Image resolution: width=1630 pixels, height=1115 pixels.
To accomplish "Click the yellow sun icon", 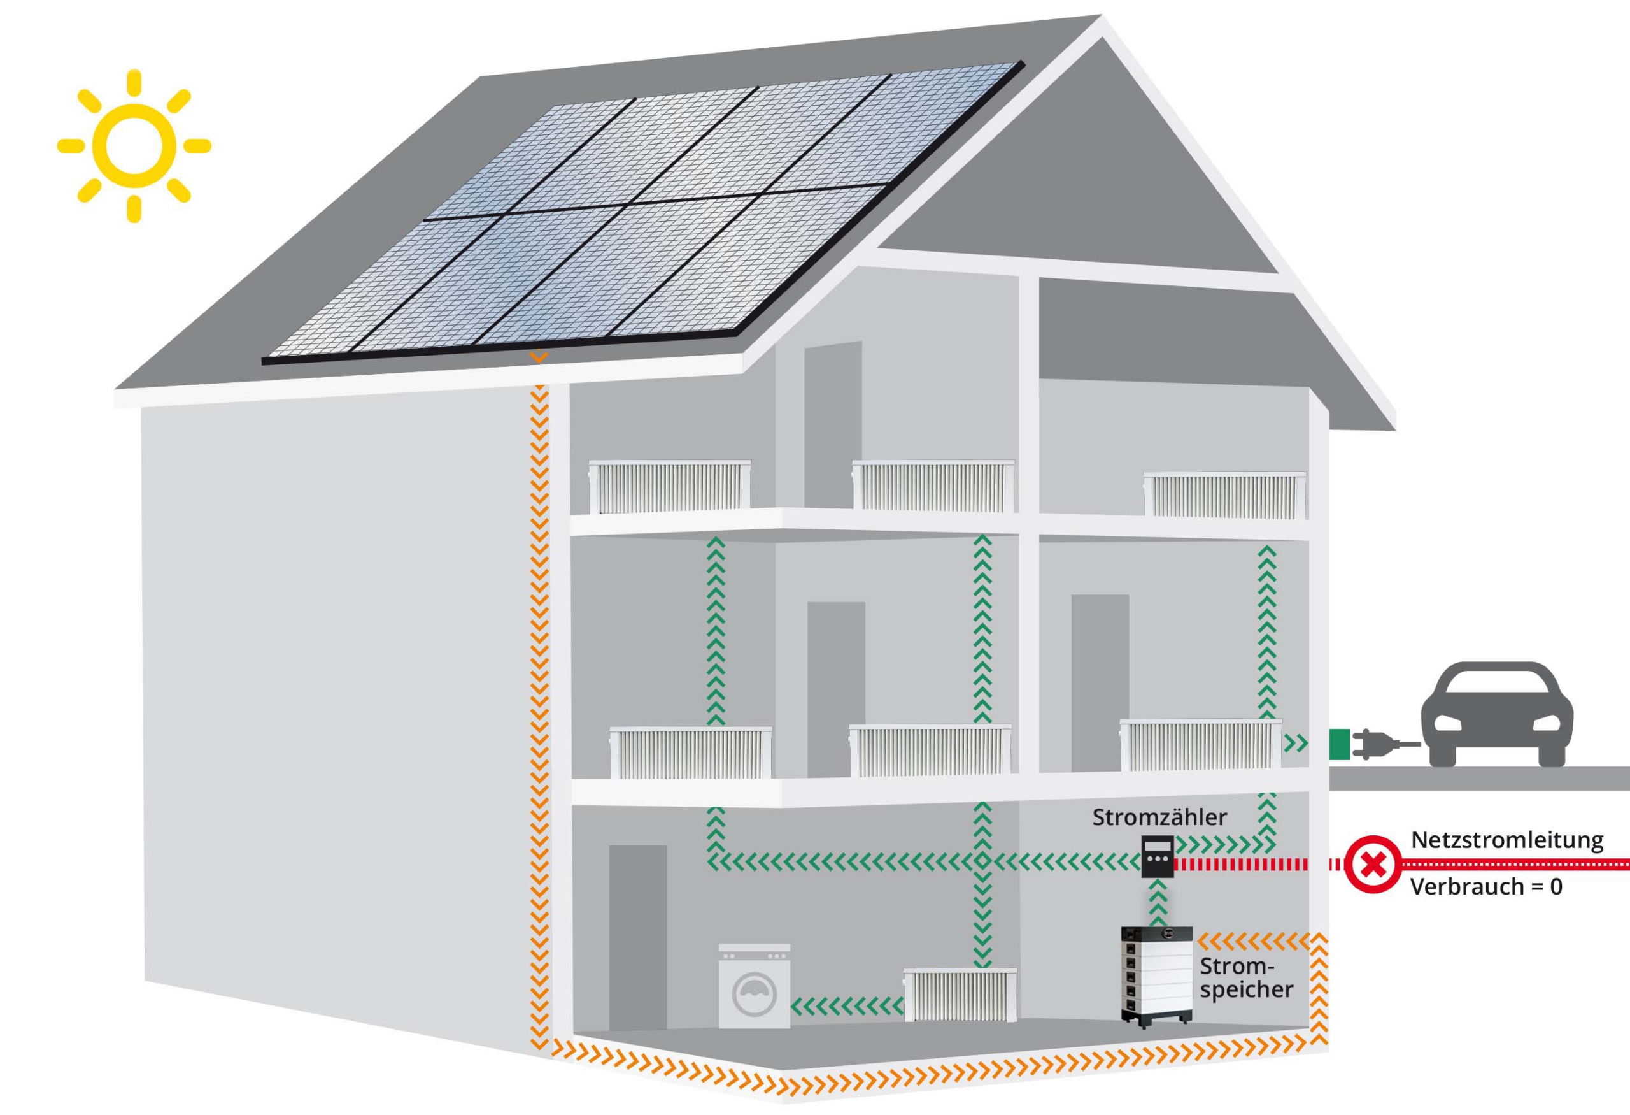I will click(x=133, y=146).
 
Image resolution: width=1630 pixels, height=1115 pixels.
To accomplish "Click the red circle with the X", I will click(x=1373, y=864).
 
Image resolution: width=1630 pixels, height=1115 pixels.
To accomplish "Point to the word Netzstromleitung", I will click(x=1507, y=840).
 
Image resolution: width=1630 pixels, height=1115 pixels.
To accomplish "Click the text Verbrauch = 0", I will click(x=1485, y=887).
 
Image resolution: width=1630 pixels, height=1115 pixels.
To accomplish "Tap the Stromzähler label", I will click(x=1159, y=817).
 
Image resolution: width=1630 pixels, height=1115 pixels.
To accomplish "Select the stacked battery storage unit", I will click(x=1156, y=977).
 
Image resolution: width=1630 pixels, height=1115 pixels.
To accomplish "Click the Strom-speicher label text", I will click(x=1246, y=977).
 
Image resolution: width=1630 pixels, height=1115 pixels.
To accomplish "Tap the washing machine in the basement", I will click(x=754, y=986).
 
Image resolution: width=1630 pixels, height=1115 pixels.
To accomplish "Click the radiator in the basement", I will click(x=960, y=995).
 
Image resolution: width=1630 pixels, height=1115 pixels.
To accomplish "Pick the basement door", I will click(x=637, y=937).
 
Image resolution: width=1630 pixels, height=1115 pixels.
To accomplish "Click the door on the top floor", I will click(x=833, y=425).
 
